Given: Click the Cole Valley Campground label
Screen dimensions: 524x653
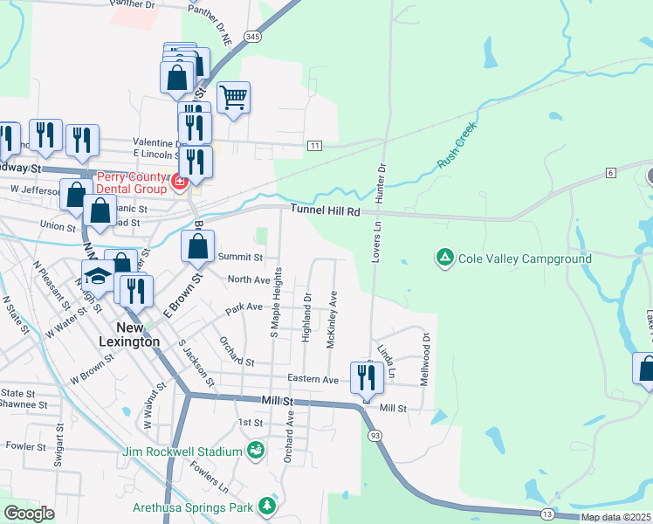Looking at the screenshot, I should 525,259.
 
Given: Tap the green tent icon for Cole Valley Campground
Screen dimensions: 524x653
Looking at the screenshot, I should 444,258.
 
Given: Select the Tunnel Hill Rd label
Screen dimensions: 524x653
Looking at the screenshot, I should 325,210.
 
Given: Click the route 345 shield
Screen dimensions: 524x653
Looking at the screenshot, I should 252,37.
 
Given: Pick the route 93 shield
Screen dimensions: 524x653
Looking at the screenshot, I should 375,435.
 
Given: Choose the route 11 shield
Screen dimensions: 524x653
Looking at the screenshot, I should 314,145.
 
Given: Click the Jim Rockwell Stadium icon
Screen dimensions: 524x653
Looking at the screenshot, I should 255,451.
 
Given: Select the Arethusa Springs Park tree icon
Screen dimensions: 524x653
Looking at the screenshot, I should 266,507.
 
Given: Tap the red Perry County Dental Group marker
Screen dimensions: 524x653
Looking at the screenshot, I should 180,182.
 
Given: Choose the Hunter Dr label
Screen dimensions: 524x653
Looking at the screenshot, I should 381,183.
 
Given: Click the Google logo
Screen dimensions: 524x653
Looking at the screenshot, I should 29,514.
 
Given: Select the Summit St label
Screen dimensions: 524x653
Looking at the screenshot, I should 240,257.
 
